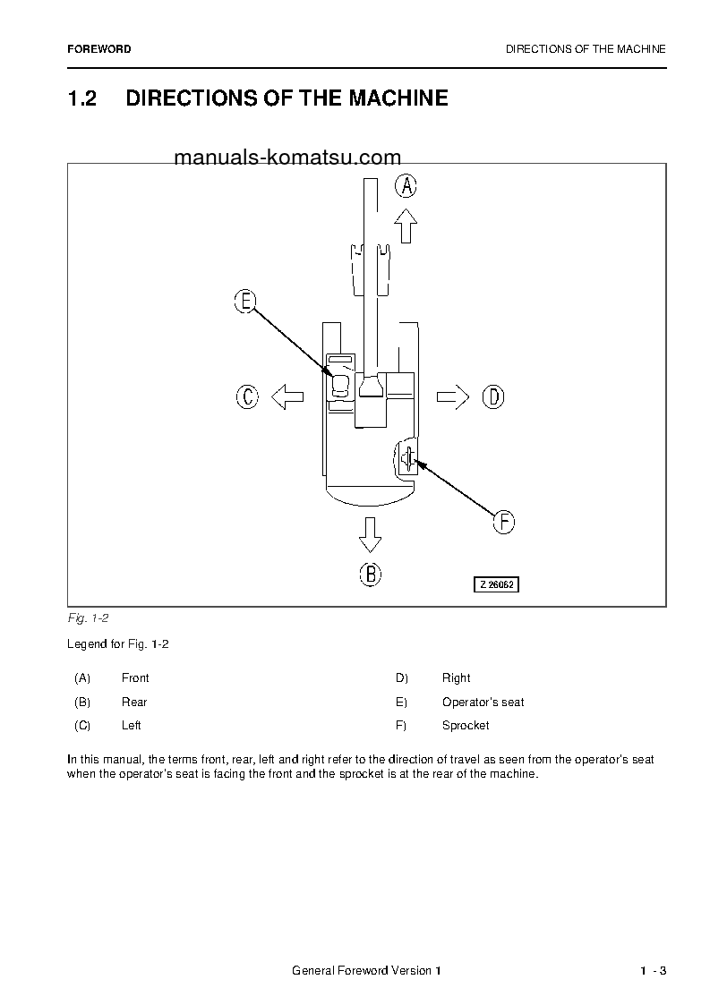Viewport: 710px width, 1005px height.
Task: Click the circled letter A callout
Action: (x=406, y=186)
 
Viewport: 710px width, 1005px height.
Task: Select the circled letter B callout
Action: (x=371, y=574)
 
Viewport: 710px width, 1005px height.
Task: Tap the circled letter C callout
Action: (x=247, y=396)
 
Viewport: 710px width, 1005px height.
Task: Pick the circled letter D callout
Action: (x=493, y=396)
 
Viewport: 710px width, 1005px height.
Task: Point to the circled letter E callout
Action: (x=244, y=302)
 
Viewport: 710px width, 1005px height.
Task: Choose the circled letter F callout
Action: (x=504, y=522)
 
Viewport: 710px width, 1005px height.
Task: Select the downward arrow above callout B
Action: (x=370, y=534)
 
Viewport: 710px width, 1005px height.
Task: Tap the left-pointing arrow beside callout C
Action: (x=287, y=396)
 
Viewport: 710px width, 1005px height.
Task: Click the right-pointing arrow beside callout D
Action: (x=453, y=396)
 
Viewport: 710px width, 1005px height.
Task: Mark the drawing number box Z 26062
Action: (x=497, y=584)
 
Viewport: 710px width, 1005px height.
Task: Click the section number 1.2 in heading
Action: (x=82, y=98)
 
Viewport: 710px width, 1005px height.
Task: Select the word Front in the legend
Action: (x=135, y=678)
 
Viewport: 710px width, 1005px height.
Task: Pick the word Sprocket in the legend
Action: (x=466, y=726)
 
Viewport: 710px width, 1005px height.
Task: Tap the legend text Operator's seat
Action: (x=483, y=703)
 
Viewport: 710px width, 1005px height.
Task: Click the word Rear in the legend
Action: (x=134, y=703)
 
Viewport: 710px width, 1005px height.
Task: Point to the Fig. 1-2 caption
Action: (x=88, y=618)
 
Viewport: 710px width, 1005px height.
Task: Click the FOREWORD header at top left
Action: (x=98, y=49)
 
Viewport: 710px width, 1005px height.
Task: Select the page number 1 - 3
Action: (x=653, y=972)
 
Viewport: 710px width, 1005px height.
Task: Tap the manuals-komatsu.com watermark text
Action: (x=275, y=158)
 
